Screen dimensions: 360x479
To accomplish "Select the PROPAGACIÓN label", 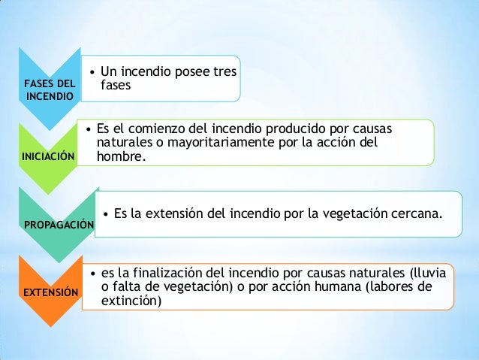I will (x=59, y=225).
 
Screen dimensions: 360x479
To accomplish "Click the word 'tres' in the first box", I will (x=224, y=73).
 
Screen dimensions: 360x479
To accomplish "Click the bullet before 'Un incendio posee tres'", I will (x=91, y=73).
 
